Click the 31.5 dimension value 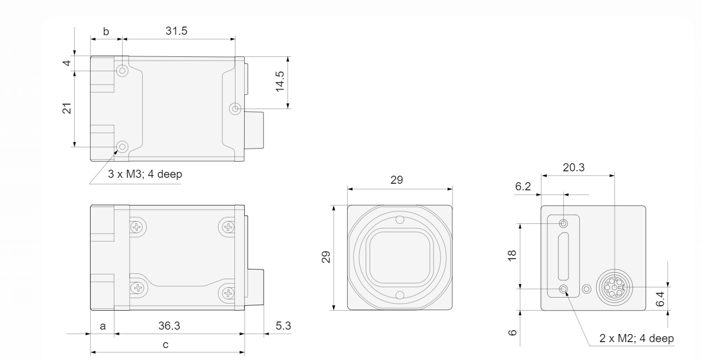pos(176,31)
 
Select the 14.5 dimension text pos(280,81)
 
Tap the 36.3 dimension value pos(169,326)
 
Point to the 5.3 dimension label pos(283,326)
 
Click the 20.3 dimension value pos(573,168)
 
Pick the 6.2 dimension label pos(523,187)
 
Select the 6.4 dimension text pos(660,299)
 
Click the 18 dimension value pos(512,256)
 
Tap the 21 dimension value pos(67,108)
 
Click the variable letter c pos(165,345)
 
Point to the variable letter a pos(103,326)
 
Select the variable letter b pos(106,31)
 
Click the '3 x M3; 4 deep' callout pos(145,174)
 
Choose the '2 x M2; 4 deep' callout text pos(636,338)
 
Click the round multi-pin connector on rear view pos(615,287)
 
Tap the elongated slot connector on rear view pos(564,256)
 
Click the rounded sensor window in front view pos(400,258)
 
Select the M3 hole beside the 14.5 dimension pos(235,109)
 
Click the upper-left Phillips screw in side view pos(137,227)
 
